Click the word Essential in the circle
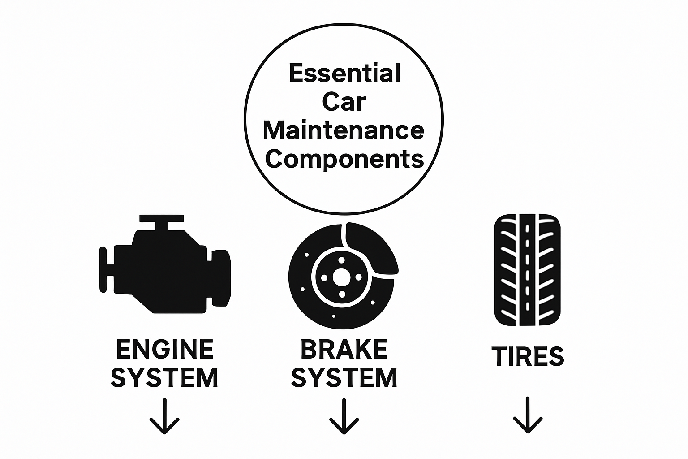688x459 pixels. pyautogui.click(x=344, y=74)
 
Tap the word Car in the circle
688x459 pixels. pyautogui.click(x=344, y=102)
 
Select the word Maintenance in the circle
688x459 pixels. pyautogui.click(x=344, y=131)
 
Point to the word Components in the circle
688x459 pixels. pyautogui.click(x=344, y=159)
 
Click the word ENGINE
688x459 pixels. pyautogui.click(x=165, y=349)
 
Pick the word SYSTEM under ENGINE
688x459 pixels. pyautogui.click(x=164, y=378)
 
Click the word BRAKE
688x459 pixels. pyautogui.click(x=344, y=349)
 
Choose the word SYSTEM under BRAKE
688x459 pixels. pyautogui.click(x=344, y=378)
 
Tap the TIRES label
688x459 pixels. pyautogui.click(x=528, y=356)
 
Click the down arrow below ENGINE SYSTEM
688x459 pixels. pyautogui.click(x=164, y=417)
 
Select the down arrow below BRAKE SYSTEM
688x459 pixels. pyautogui.click(x=344, y=417)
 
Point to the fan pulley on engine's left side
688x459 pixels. pyautogui.click(x=104, y=269)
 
